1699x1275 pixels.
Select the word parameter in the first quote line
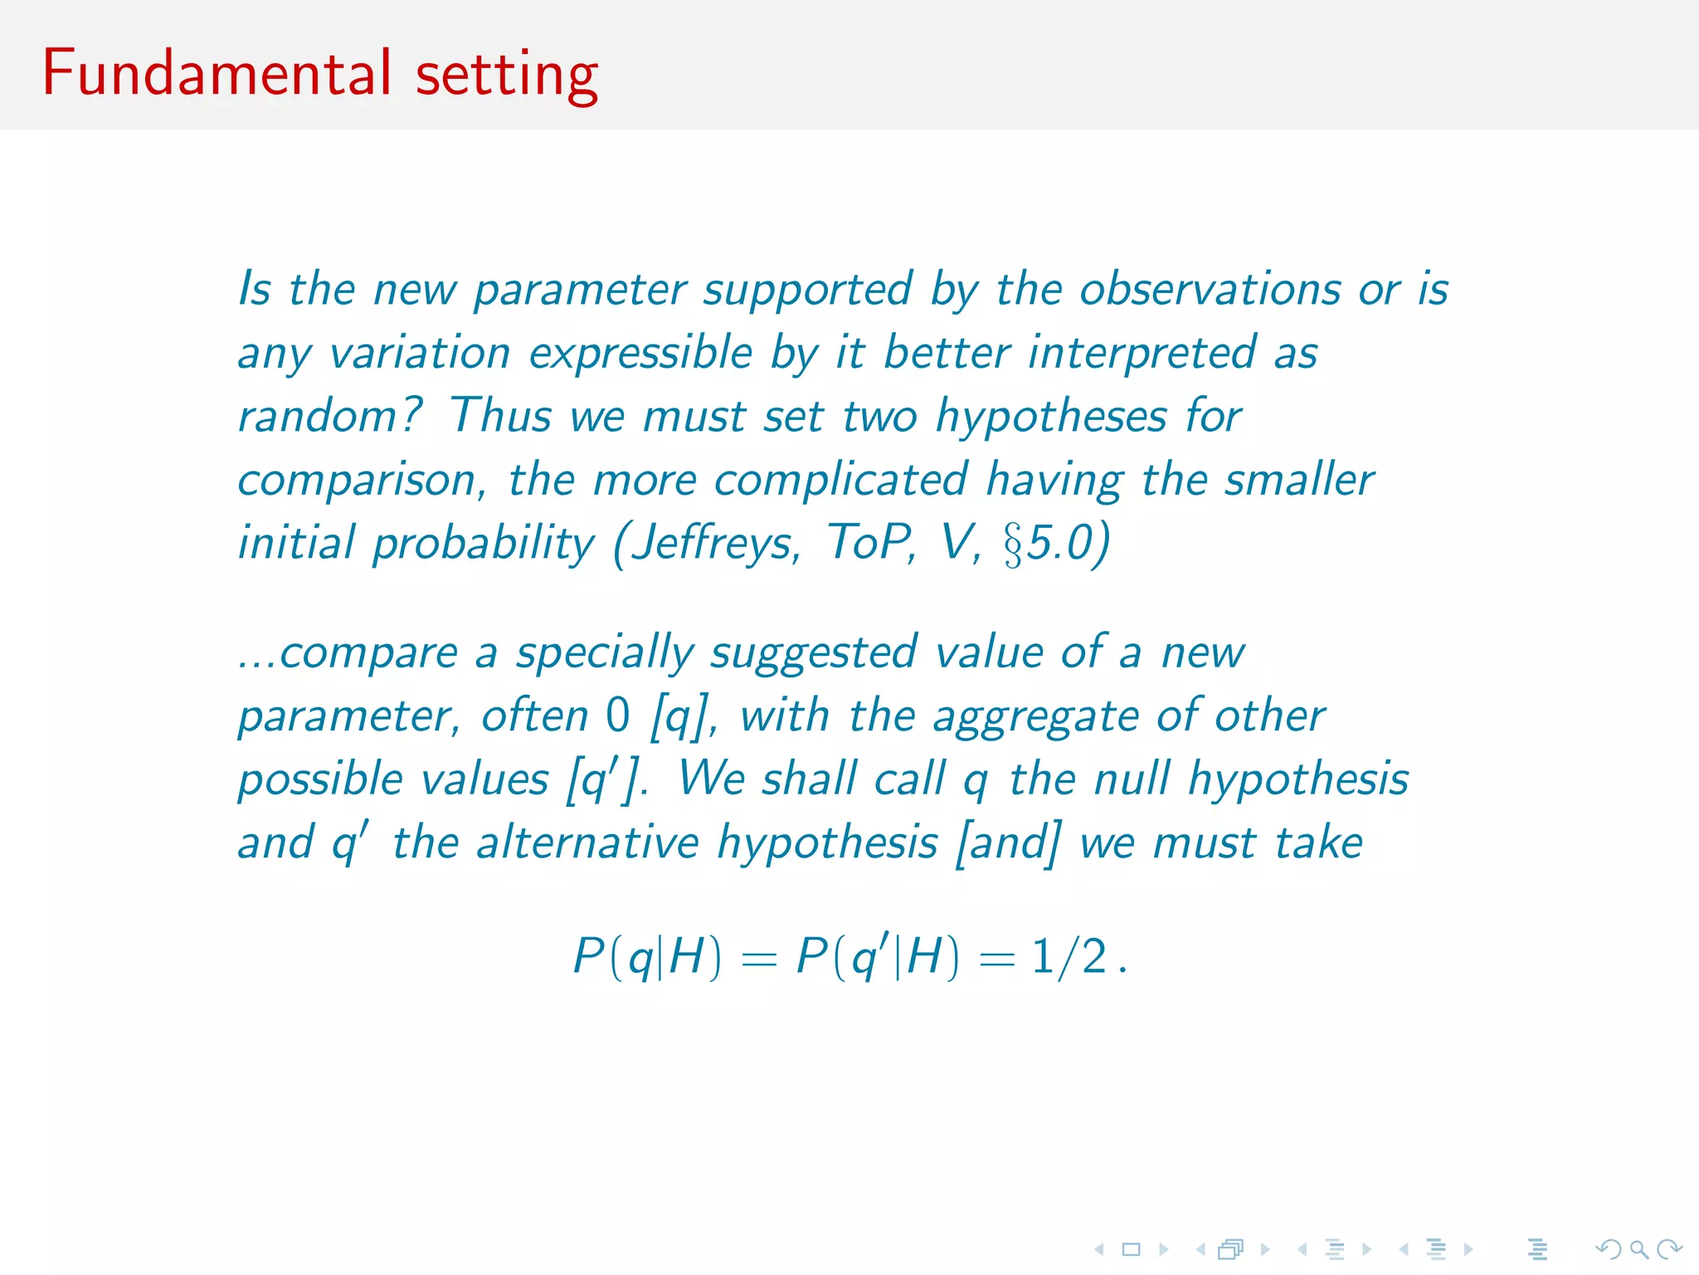tap(580, 291)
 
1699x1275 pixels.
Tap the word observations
tap(1210, 291)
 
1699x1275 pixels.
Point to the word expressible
tap(640, 354)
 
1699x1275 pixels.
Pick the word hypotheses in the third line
tap(1051, 417)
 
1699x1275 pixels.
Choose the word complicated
tap(840, 480)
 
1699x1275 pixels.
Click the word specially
tap(605, 653)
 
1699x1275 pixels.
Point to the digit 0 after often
tap(618, 716)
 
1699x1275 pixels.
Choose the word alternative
tap(587, 843)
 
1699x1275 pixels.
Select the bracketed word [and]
tap(1008, 843)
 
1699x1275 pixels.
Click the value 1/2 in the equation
tap(1069, 956)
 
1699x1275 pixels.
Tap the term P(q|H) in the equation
tap(647, 957)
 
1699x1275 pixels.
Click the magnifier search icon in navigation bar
tap(1638, 1248)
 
